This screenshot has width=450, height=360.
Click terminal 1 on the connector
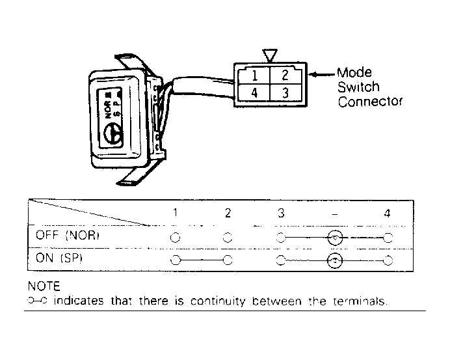254,74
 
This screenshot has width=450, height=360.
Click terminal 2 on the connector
284,74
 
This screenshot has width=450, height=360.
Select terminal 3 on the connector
284,93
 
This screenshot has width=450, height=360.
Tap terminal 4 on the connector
254,93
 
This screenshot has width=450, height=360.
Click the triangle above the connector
269,55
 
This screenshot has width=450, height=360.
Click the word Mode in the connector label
354,73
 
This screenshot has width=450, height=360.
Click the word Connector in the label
370,102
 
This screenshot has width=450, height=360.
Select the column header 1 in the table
175,213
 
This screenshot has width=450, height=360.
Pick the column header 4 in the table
388,213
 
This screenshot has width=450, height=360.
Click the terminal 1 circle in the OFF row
175,237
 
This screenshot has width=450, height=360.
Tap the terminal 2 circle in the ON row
227,261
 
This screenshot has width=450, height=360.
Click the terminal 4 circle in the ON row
388,261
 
